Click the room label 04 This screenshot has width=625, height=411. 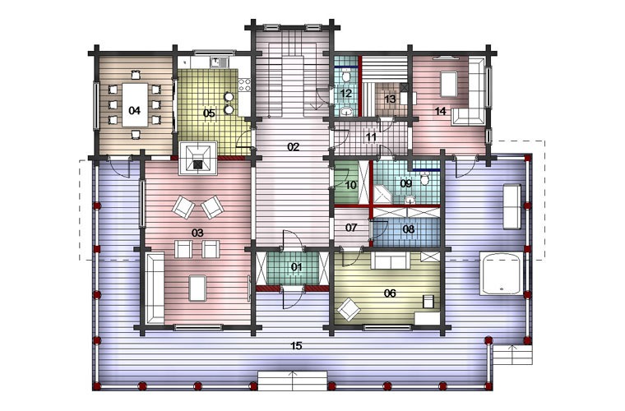click(135, 110)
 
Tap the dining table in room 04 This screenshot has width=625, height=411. click(135, 104)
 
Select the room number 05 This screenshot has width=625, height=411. click(209, 113)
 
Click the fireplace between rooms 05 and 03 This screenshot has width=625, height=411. click(198, 158)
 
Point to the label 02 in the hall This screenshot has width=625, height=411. click(293, 147)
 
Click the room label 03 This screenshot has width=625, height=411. click(197, 233)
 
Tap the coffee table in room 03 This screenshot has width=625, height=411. click(197, 289)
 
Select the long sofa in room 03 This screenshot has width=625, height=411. click(155, 288)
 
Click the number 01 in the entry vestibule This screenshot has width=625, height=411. click(296, 267)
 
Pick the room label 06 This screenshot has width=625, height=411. click(390, 293)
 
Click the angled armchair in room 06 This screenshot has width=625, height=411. click(349, 309)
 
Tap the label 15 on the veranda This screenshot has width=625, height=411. click(296, 346)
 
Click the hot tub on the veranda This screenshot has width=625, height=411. click(501, 273)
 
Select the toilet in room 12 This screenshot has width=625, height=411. click(346, 75)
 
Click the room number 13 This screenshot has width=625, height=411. click(390, 99)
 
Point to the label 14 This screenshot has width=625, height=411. click(440, 111)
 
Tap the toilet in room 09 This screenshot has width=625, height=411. click(425, 178)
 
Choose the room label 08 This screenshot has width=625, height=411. click(409, 229)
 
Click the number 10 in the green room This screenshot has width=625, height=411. click(351, 185)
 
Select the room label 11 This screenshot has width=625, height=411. click(371, 137)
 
